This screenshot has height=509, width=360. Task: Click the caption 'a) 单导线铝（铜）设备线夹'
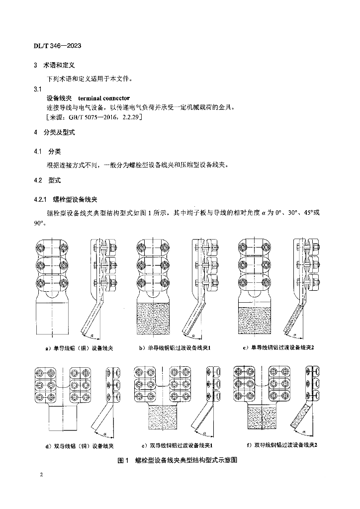77,348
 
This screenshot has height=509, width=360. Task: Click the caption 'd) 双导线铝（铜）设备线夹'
77,446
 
